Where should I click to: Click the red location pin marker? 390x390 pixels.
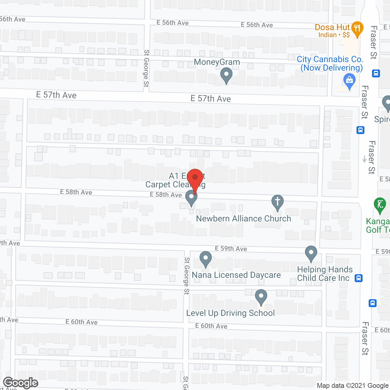195,177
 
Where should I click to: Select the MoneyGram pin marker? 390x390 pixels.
226,75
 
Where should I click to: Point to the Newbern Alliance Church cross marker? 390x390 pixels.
277,202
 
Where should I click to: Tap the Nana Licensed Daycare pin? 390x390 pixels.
206,259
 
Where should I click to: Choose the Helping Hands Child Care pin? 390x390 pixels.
311,253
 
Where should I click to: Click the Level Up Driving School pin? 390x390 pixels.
261,296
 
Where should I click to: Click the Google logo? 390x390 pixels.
21,383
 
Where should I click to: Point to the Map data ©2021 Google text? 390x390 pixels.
353,386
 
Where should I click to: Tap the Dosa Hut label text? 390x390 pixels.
332,27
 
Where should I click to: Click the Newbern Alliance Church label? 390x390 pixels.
243,218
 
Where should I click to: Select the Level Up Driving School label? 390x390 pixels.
230,313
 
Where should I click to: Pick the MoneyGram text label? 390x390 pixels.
217,62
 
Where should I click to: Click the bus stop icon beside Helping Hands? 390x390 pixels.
359,278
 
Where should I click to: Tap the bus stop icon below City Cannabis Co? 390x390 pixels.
376,73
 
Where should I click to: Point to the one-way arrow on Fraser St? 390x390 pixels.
364,159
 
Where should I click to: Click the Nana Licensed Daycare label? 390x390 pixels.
236,275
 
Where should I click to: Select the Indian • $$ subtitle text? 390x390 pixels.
334,35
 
